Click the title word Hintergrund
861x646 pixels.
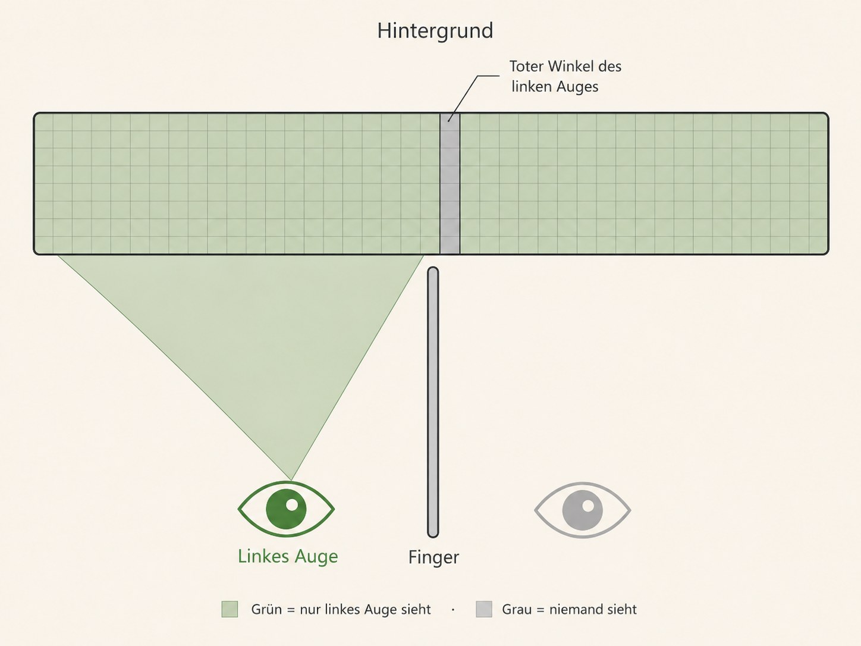435,30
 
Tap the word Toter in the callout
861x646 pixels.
526,66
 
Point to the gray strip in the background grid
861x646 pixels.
450,184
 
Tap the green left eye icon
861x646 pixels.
286,509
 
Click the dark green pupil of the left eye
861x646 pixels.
286,509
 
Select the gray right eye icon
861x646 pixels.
583,510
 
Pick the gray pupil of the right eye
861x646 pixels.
583,510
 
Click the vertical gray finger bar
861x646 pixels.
433,402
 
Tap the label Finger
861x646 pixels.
433,557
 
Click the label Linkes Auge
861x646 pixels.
288,556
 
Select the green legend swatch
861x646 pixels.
230,609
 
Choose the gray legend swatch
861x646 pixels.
483,609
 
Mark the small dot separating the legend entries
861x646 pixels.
453,610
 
